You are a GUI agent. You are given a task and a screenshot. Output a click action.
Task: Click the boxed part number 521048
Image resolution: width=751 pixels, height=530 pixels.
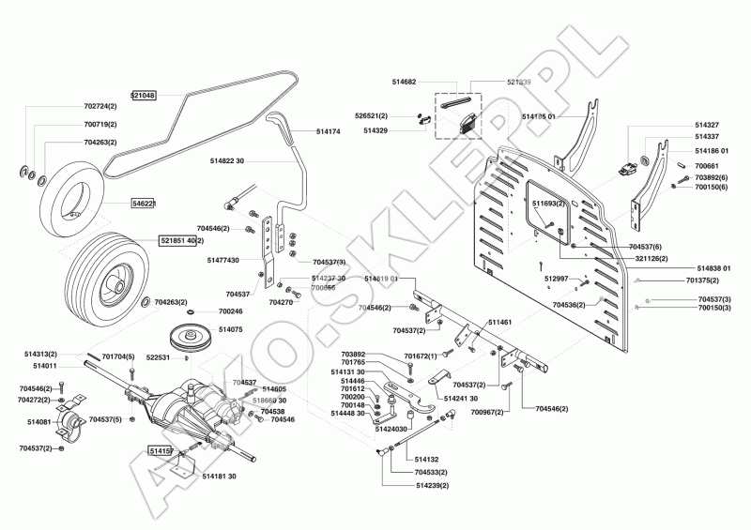143,96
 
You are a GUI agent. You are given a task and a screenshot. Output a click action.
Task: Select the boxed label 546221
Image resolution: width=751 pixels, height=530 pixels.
143,203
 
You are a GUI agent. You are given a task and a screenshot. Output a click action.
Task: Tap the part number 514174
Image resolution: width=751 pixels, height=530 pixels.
328,132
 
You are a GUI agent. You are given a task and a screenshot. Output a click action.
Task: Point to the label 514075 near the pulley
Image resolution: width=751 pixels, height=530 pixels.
230,329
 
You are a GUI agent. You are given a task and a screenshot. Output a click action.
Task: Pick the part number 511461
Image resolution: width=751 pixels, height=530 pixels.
498,322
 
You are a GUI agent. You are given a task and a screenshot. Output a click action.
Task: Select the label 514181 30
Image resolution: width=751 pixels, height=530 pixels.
219,477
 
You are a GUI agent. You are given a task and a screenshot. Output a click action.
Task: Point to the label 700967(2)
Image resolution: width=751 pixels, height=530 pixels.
486,412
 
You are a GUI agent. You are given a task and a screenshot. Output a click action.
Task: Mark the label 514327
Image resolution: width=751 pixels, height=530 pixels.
707,125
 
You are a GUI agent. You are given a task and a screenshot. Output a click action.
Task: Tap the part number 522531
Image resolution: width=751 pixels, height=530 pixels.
157,357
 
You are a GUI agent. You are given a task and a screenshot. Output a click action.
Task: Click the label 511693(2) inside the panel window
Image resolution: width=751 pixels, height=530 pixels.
548,203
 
